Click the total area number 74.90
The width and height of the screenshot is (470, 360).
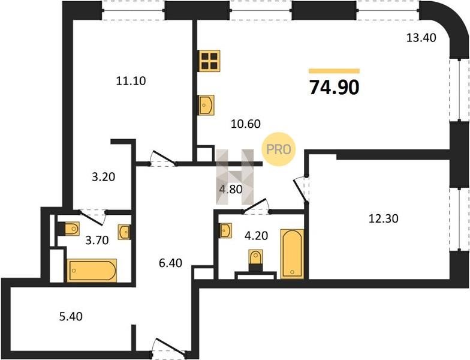[x=335, y=88]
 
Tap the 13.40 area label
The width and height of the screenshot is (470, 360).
[x=421, y=38]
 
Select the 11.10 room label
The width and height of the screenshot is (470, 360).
[x=131, y=80]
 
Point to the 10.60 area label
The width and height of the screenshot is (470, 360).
[x=246, y=124]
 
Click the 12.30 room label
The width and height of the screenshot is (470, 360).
[x=384, y=218]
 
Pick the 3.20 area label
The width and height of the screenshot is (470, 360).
[x=103, y=177]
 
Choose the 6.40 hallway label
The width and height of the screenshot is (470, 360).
[x=170, y=263]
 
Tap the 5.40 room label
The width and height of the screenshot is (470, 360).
[x=71, y=316]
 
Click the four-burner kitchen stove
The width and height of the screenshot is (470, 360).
[x=209, y=61]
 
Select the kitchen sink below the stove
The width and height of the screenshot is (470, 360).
[x=206, y=105]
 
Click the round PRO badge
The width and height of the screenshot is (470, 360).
[x=278, y=149]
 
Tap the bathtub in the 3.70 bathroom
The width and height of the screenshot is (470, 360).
[x=92, y=271]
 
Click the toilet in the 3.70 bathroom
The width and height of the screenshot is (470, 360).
[x=68, y=229]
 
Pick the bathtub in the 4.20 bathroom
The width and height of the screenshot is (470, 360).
[x=293, y=254]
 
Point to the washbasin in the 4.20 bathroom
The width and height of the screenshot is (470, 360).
[x=225, y=230]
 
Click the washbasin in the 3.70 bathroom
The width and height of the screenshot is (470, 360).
[x=124, y=232]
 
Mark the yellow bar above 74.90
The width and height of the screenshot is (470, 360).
[x=335, y=71]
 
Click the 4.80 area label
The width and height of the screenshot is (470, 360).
[x=230, y=190]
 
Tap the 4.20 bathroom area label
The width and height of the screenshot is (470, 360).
[x=257, y=236]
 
